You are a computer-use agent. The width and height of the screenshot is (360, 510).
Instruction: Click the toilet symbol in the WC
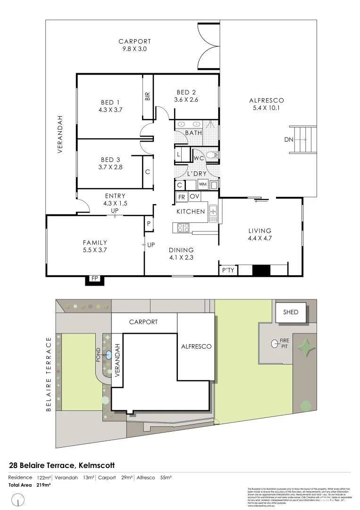point(212,155)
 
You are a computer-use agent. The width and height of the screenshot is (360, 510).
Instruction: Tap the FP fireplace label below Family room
point(93,280)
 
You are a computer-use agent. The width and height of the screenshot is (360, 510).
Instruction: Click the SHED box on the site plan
point(291,312)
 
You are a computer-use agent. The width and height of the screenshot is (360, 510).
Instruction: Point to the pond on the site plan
point(109,355)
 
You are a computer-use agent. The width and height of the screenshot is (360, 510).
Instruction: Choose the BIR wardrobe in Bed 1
point(148,97)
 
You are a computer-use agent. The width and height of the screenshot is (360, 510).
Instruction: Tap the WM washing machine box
point(202,184)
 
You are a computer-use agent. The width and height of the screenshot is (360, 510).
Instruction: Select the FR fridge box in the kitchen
point(181,196)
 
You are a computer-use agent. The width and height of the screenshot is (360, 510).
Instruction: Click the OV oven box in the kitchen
point(194,196)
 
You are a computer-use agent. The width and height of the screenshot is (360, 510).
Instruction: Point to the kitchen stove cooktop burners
point(183,228)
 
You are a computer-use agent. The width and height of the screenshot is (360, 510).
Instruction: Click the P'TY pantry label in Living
point(228,270)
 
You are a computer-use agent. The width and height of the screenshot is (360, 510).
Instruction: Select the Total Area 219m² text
point(29,485)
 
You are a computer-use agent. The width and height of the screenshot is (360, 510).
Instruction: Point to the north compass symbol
point(18,499)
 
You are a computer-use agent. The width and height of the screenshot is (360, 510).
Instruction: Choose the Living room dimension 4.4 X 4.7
point(260,238)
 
